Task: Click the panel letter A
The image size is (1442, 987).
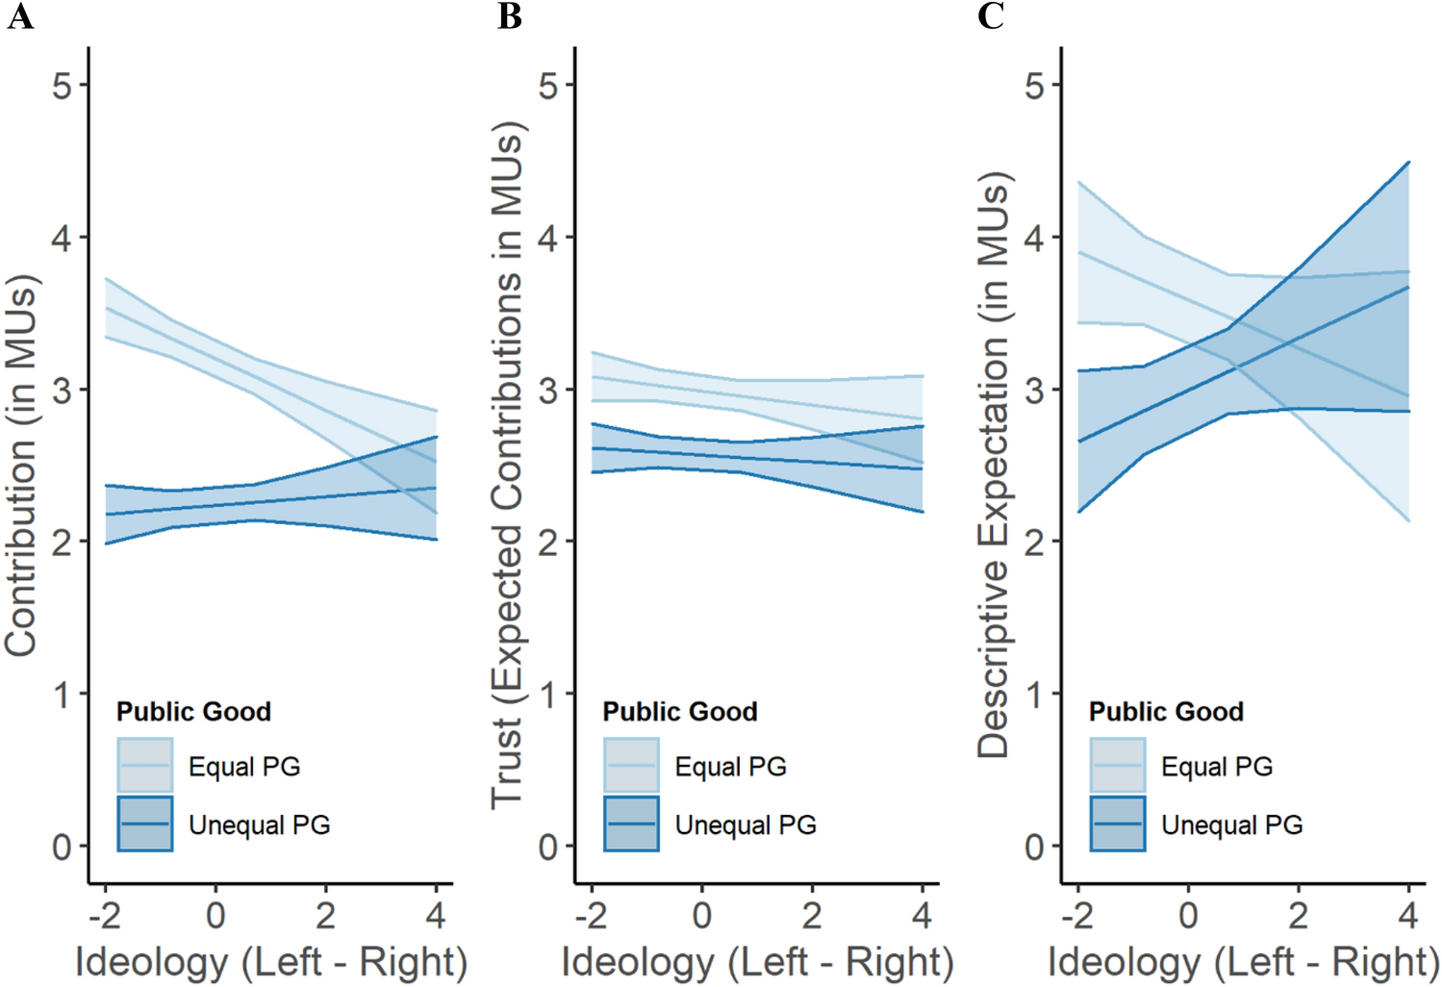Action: tap(20, 16)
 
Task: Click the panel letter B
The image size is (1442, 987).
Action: tap(509, 16)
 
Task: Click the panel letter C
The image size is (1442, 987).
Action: tap(991, 16)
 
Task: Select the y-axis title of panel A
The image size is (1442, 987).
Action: tap(21, 467)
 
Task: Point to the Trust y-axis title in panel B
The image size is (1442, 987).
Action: tap(507, 467)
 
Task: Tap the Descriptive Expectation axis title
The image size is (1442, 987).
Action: tap(993, 467)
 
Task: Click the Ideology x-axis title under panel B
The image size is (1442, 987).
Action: tap(757, 961)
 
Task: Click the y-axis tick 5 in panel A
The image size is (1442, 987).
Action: tap(63, 86)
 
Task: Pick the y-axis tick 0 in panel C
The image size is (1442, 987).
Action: tap(1034, 848)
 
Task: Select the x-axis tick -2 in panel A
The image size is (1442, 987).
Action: tap(105, 915)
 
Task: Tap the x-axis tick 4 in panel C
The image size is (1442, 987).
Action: tap(1408, 915)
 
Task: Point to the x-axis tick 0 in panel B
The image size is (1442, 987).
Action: tap(701, 915)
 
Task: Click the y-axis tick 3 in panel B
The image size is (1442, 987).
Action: tap(548, 391)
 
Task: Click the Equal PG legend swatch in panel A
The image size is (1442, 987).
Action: tap(145, 765)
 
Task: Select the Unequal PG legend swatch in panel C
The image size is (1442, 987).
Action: tap(1118, 823)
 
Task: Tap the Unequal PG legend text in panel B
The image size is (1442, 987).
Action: tap(746, 824)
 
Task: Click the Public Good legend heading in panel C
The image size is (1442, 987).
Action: tap(1166, 711)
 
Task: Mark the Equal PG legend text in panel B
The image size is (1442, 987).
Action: tap(730, 767)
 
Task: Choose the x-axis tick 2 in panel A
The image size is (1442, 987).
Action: tap(326, 915)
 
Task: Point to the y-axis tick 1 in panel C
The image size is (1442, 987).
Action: tap(1034, 695)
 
